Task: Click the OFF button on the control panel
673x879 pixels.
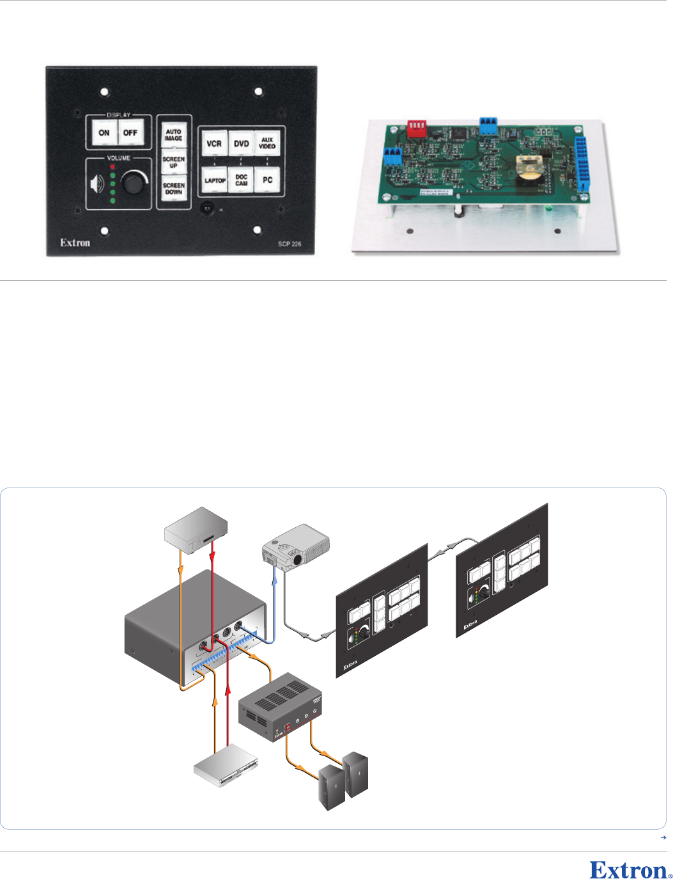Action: point(130,133)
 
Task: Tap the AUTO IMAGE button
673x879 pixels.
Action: point(173,135)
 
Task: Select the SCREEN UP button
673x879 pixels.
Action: point(173,162)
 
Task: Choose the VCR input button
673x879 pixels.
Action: point(214,144)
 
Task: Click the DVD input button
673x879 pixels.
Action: point(241,144)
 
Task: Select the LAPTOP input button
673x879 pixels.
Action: point(215,180)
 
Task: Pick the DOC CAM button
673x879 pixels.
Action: point(241,180)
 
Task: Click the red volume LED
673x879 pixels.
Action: point(112,166)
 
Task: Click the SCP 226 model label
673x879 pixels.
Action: point(290,244)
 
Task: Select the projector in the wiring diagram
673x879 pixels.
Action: point(296,546)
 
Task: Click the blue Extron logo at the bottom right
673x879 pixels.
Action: point(630,870)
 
